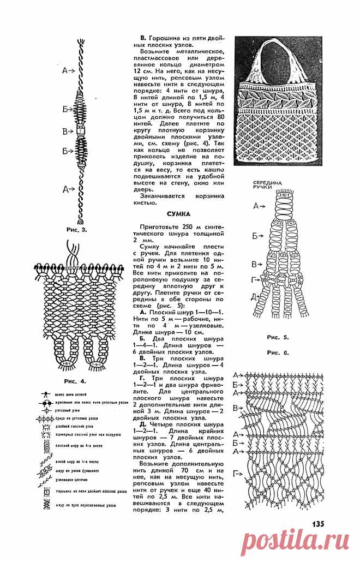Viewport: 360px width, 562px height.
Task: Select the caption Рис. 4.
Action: point(75,380)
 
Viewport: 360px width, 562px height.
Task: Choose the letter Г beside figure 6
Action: point(236,473)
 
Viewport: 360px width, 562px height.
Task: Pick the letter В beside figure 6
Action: point(236,408)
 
